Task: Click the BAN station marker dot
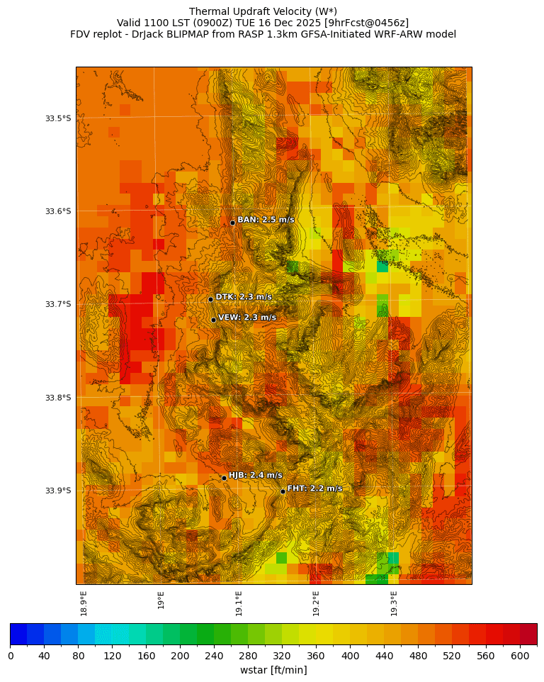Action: point(232,223)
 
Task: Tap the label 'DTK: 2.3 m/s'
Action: point(244,297)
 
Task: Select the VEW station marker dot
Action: point(213,320)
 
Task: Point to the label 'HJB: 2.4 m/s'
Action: point(255,475)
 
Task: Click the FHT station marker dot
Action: point(283,491)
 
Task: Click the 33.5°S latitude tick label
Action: point(58,118)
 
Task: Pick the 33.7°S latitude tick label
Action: point(58,304)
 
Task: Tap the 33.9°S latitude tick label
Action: point(58,491)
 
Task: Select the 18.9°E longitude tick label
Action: point(84,603)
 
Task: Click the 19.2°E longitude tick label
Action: point(316,603)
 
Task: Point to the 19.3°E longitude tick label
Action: point(394,603)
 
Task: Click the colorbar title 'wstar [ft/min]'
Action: point(273,670)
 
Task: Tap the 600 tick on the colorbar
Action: point(520,656)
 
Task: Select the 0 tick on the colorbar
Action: point(11,656)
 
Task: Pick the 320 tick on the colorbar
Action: point(282,656)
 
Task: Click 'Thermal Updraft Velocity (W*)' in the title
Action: point(263,11)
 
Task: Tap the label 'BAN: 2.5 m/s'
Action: point(266,220)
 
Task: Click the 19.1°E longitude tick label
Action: point(239,603)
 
